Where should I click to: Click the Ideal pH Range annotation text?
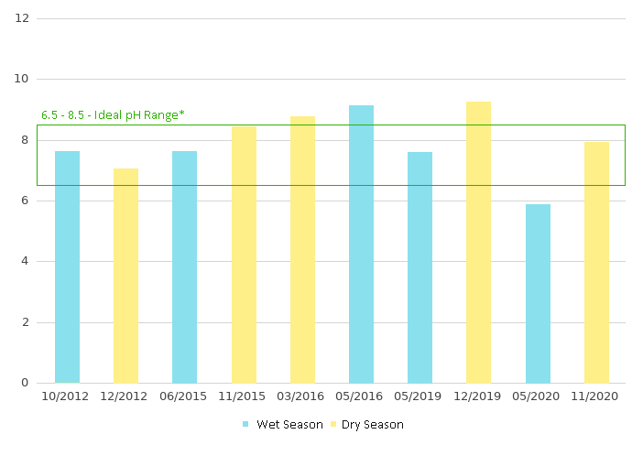pyautogui.click(x=113, y=115)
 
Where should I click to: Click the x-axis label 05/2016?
pyautogui.click(x=361, y=396)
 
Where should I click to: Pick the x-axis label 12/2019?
pyautogui.click(x=478, y=396)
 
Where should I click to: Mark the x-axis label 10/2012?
pyautogui.click(x=67, y=396)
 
